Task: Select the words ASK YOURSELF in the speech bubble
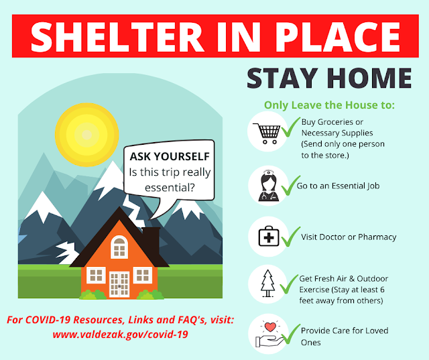tap(169, 156)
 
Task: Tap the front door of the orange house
tap(119, 284)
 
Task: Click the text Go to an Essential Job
tap(338, 185)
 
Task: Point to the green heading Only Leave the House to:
tap(329, 105)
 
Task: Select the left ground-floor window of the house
tap(95, 275)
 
